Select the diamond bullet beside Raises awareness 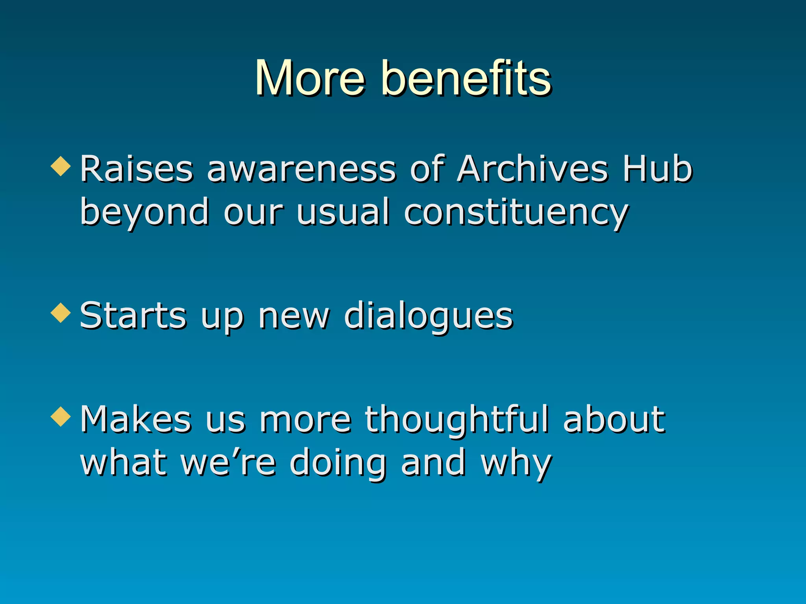tap(61, 166)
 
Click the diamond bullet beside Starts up tap(61, 313)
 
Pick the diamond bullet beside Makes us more tap(61, 416)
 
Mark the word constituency tap(516, 212)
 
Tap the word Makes tap(136, 420)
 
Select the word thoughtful tap(457, 420)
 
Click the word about tap(614, 420)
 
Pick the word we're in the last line tap(229, 463)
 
